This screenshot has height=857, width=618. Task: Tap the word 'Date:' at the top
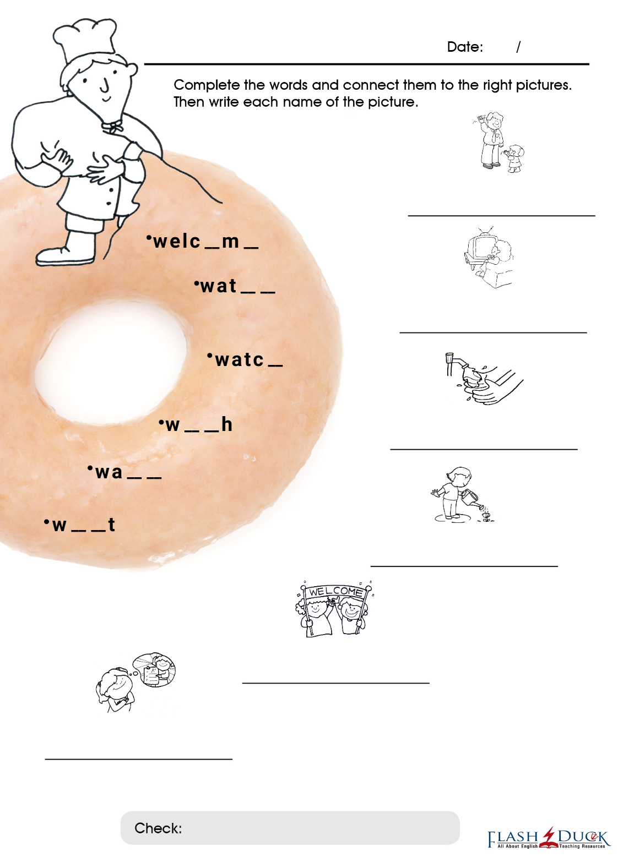point(465,47)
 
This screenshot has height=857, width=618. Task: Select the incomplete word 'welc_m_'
point(202,242)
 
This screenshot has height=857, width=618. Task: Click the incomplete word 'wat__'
point(234,286)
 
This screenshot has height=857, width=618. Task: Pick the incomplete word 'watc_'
point(245,359)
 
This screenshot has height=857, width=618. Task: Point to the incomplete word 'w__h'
point(196,424)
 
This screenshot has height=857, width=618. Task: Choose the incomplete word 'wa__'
point(124,472)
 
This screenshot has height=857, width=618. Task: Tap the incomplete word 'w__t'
point(79,525)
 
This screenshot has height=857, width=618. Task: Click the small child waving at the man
point(515,158)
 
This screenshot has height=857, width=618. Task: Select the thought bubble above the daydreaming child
point(154,669)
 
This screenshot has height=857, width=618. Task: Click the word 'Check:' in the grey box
point(158,828)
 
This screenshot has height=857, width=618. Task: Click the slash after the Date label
point(518,47)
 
